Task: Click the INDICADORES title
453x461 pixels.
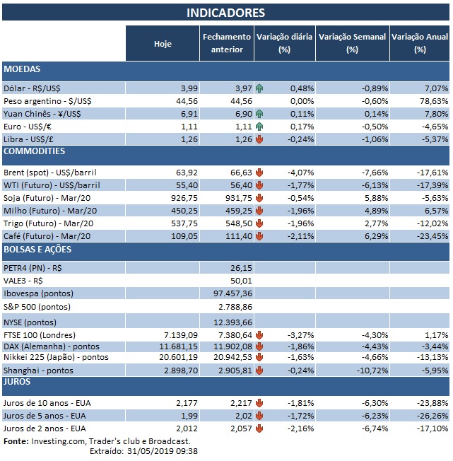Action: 226,13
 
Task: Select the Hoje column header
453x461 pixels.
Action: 163,44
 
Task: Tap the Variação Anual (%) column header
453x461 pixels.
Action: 420,43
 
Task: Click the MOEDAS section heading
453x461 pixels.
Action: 22,70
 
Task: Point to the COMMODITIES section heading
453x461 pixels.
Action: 35,151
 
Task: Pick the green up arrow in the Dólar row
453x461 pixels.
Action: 259,88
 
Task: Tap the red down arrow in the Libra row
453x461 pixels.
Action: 259,139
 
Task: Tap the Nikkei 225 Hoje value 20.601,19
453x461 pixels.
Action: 170,358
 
